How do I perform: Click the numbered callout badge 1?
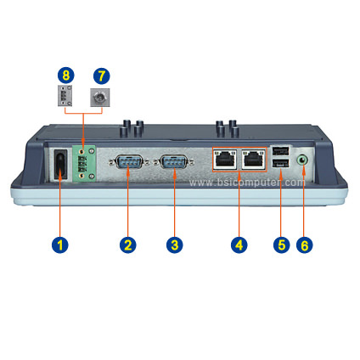click(x=60, y=245)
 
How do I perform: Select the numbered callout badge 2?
click(x=128, y=245)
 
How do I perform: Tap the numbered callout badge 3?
click(x=175, y=245)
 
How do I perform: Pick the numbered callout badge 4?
click(x=239, y=245)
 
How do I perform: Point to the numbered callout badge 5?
click(x=282, y=245)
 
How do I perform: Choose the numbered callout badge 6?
click(x=305, y=245)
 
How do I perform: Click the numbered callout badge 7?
click(x=101, y=76)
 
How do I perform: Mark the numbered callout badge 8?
click(x=65, y=76)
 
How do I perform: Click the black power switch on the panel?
click(x=60, y=164)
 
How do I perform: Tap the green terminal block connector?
click(x=84, y=164)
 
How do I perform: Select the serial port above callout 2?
click(x=128, y=161)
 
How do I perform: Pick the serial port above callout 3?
click(x=174, y=161)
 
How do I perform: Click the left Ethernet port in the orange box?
click(x=225, y=159)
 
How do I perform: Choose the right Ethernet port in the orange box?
click(x=253, y=159)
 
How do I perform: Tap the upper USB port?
click(x=280, y=151)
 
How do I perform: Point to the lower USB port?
click(x=280, y=164)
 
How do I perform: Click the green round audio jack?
click(x=302, y=160)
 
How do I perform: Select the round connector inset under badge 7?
click(x=99, y=98)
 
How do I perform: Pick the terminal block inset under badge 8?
click(x=65, y=96)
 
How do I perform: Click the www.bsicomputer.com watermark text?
click(x=247, y=183)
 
